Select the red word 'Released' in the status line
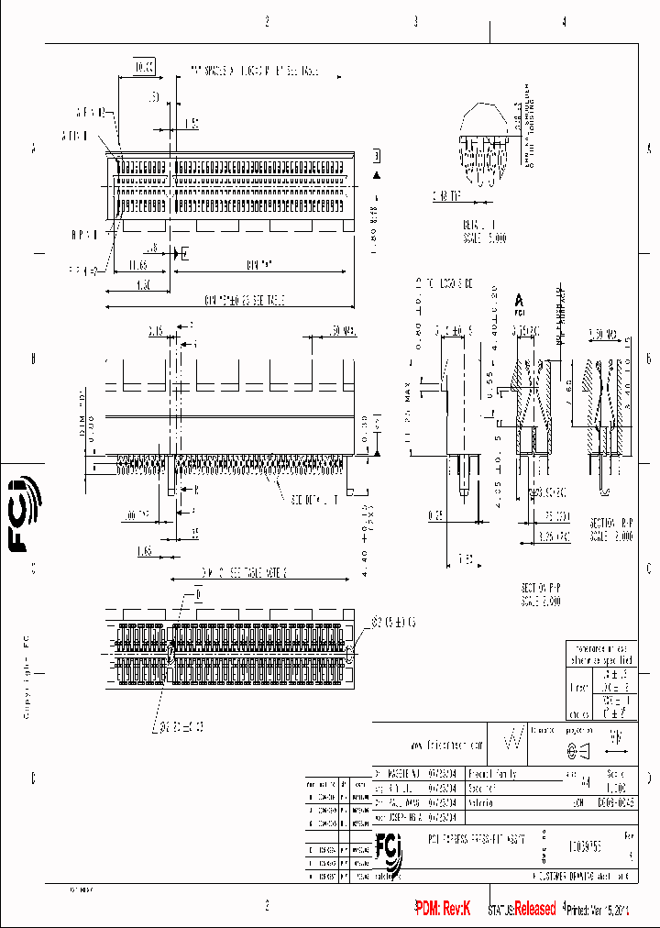534,909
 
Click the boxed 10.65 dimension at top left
145,68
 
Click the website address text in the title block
442,744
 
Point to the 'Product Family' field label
493,774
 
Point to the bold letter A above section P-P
520,300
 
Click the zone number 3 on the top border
415,22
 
